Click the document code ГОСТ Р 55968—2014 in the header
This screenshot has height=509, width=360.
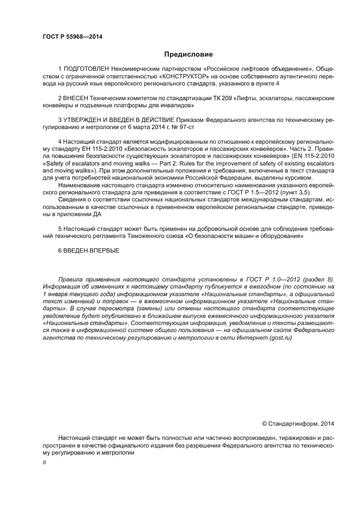(x=72, y=37)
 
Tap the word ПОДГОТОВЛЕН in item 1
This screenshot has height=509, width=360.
(x=86, y=70)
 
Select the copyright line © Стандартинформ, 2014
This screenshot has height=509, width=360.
(x=297, y=423)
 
